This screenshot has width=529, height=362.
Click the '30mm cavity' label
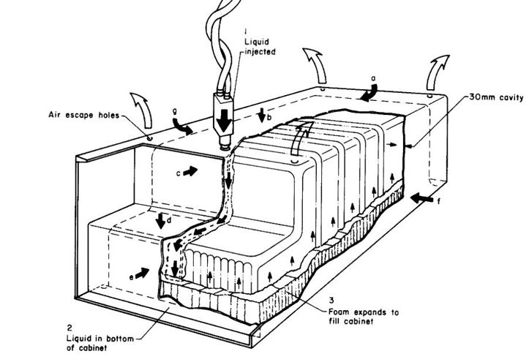pyautogui.click(x=496, y=98)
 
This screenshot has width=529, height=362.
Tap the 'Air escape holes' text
pyautogui.click(x=84, y=115)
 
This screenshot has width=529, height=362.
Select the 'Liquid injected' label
pyautogui.click(x=260, y=47)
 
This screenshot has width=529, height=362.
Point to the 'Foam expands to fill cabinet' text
pyautogui.click(x=364, y=317)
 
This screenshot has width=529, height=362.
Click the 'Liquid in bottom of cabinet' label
pyautogui.click(x=100, y=343)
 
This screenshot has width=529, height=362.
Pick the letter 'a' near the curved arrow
pyautogui.click(x=373, y=78)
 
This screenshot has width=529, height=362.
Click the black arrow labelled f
pyautogui.click(x=421, y=198)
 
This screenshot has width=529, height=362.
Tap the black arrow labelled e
pyautogui.click(x=142, y=273)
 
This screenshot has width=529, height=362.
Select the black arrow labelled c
pyautogui.click(x=190, y=171)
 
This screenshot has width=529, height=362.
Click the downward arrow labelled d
pyautogui.click(x=160, y=220)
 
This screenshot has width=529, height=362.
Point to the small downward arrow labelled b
pyautogui.click(x=262, y=115)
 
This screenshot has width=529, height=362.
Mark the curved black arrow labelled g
pyautogui.click(x=182, y=127)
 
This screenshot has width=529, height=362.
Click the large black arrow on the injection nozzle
pyautogui.click(x=224, y=121)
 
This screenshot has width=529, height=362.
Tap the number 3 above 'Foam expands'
pyautogui.click(x=331, y=300)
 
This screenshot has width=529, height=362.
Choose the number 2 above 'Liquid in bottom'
pyautogui.click(x=70, y=327)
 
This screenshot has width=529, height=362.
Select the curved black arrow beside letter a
pyautogui.click(x=369, y=93)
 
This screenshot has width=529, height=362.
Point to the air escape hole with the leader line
pyautogui.click(x=149, y=138)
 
